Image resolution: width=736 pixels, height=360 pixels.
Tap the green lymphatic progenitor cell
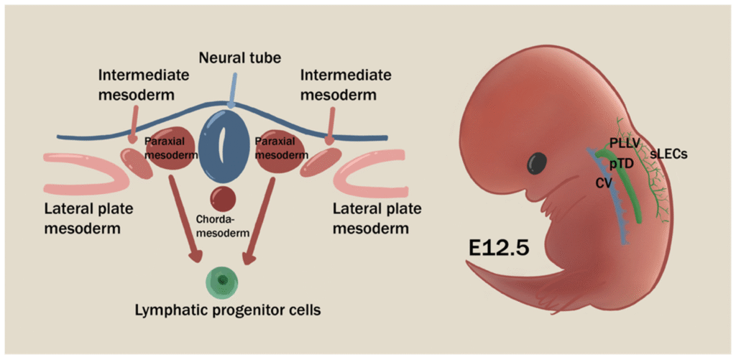pos(223,280)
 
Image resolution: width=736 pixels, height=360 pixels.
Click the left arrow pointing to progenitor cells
pos(183,219)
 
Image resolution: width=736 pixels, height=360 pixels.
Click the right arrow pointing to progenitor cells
pos(260,219)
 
